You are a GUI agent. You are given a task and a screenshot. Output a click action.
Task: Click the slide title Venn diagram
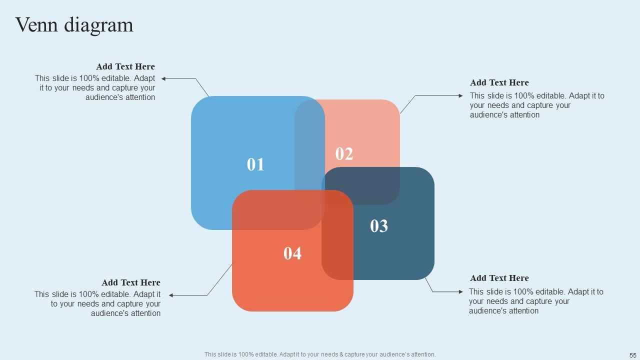(x=74, y=25)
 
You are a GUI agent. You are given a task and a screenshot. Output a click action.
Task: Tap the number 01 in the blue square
(x=255, y=164)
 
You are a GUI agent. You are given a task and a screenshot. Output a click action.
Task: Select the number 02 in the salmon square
(x=344, y=153)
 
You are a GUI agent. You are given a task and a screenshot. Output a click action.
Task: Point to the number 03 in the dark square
(x=379, y=226)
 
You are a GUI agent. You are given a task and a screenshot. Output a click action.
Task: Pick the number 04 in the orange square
(x=292, y=253)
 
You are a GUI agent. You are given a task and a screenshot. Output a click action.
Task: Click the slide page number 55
(x=633, y=355)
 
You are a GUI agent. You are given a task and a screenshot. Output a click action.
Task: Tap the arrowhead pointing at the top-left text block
(x=163, y=78)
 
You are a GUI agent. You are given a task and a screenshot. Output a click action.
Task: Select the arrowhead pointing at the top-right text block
(x=460, y=95)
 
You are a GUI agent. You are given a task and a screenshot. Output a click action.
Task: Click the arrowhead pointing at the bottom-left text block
(x=171, y=295)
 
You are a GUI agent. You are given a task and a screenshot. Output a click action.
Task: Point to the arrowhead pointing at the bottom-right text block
(x=460, y=291)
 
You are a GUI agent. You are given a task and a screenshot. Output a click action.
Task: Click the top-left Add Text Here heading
(x=125, y=66)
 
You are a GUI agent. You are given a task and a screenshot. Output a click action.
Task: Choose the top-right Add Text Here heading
(x=499, y=82)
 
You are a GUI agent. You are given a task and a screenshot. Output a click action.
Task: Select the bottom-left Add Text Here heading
(x=131, y=282)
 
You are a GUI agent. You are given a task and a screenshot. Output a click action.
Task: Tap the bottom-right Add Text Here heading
(x=499, y=278)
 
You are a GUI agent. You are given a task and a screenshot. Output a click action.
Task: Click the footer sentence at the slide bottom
(x=320, y=354)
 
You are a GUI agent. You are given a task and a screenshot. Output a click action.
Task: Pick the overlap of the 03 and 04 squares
(x=337, y=235)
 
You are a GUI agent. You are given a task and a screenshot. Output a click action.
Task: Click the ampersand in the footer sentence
(x=341, y=354)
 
